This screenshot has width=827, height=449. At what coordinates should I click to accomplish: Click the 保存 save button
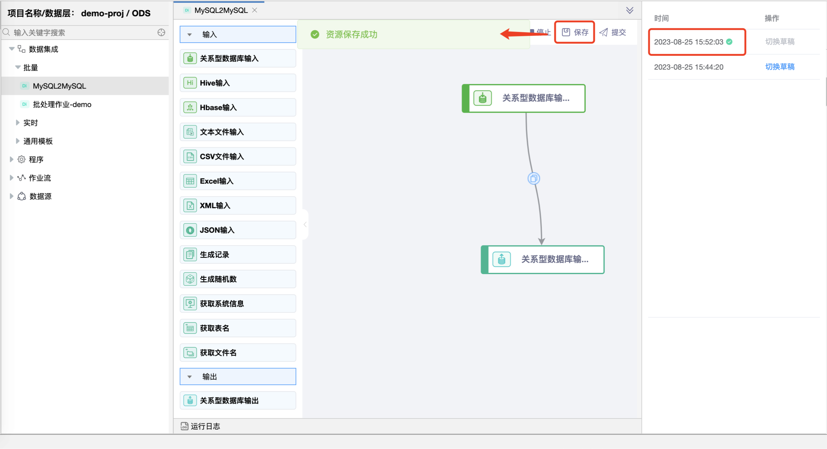tap(575, 32)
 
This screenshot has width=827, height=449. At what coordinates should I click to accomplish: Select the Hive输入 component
tap(238, 83)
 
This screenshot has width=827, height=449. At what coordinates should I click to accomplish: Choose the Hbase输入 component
tap(238, 107)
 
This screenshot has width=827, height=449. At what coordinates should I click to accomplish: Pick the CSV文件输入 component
tap(238, 157)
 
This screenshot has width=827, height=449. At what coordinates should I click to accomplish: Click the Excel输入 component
tap(238, 181)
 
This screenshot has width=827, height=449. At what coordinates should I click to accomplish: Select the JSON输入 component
tap(238, 230)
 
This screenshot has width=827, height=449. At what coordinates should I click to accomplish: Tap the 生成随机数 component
tap(238, 279)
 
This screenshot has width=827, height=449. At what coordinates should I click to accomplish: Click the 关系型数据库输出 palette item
tap(238, 401)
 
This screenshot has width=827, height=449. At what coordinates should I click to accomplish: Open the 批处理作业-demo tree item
tap(62, 104)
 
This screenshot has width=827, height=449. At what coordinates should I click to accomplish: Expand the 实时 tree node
tap(31, 123)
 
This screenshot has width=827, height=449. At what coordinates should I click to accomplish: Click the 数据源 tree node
tap(40, 196)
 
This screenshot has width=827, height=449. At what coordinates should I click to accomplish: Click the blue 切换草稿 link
tap(780, 67)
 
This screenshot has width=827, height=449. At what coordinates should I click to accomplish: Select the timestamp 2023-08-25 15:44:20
tap(689, 67)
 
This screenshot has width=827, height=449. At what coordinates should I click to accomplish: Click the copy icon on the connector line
tap(534, 179)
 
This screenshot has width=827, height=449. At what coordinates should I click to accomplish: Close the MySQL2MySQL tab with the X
tap(254, 10)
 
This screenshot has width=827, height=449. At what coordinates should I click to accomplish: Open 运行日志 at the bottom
tap(201, 426)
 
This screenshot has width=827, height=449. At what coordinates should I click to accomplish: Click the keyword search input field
tap(84, 32)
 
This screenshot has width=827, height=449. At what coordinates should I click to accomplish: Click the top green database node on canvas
tap(524, 98)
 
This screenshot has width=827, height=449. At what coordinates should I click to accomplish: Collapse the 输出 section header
tap(238, 376)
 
